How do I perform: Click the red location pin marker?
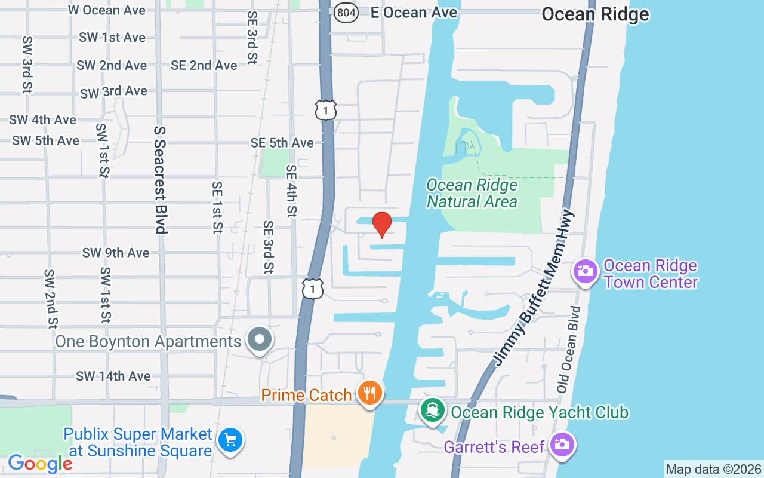[x=382, y=225]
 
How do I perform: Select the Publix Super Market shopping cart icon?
[x=230, y=441]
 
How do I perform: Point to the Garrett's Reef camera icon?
[x=562, y=445]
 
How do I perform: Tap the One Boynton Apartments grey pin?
[x=260, y=340]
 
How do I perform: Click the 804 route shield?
[x=346, y=12]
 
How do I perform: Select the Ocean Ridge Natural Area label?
[x=472, y=194]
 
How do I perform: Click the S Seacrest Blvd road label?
[x=160, y=179]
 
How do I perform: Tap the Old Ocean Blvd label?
[x=569, y=350]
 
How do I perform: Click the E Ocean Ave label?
[x=414, y=12]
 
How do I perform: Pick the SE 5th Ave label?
[x=282, y=143]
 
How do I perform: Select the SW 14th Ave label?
[x=113, y=376]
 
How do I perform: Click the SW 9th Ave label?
[x=115, y=253]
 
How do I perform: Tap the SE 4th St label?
[x=291, y=191]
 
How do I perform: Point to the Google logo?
[x=39, y=463]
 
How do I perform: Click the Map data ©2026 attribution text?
[x=713, y=470]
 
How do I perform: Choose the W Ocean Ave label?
[x=106, y=10]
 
